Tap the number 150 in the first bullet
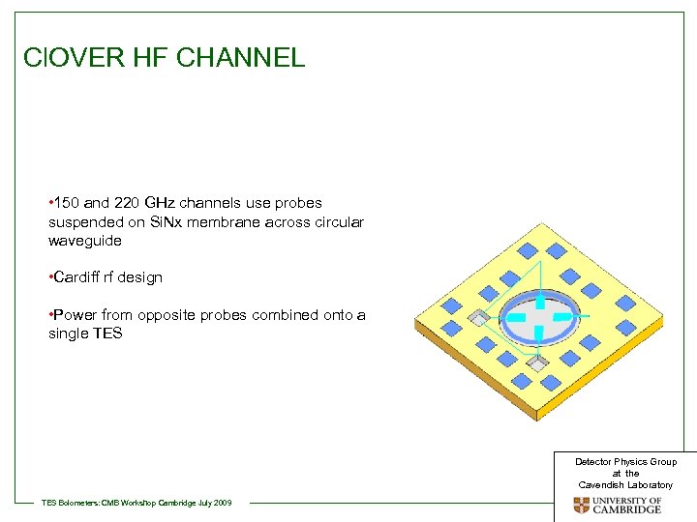(x=67, y=203)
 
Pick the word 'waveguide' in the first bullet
(x=84, y=241)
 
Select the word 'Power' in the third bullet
(x=75, y=314)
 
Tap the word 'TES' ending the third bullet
(x=106, y=333)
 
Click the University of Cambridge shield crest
(x=581, y=505)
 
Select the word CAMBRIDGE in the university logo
(x=627, y=509)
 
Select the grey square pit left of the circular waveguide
(x=477, y=317)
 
